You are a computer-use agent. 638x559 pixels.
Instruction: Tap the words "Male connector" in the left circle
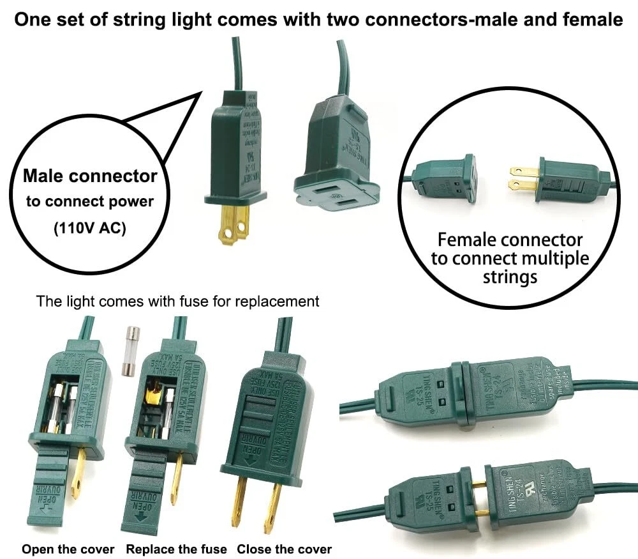coord(90,175)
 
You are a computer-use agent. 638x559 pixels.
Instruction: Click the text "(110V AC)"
coord(90,227)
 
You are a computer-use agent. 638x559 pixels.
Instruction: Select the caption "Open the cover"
coord(68,549)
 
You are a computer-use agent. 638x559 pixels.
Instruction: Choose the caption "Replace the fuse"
coord(176,549)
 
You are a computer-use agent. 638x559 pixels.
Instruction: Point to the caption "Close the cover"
coord(285,549)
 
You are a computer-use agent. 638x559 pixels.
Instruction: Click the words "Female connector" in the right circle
coord(510,240)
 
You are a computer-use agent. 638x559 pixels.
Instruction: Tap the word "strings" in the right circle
coord(510,277)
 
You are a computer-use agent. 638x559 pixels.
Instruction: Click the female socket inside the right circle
coord(447,178)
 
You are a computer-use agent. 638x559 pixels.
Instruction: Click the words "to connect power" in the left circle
coord(90,202)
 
